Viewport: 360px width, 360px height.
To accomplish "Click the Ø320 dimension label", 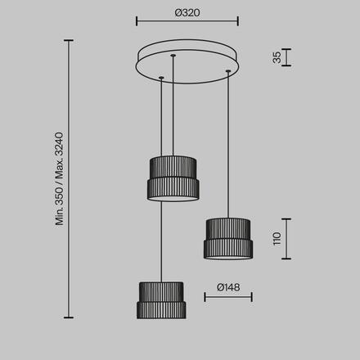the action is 187,13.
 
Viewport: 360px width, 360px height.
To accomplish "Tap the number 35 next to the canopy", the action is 277,57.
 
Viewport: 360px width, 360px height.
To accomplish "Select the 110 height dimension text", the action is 277,239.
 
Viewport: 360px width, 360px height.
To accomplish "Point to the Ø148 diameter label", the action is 228,287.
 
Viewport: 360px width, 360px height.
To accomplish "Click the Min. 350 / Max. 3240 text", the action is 59,179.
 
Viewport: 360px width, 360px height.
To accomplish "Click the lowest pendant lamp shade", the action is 161,300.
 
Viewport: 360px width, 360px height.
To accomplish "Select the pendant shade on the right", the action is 228,238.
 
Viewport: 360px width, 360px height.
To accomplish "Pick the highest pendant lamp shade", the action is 173,178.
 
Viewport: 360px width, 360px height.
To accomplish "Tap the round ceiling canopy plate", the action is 187,61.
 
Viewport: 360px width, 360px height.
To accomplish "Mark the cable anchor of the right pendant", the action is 228,71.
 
